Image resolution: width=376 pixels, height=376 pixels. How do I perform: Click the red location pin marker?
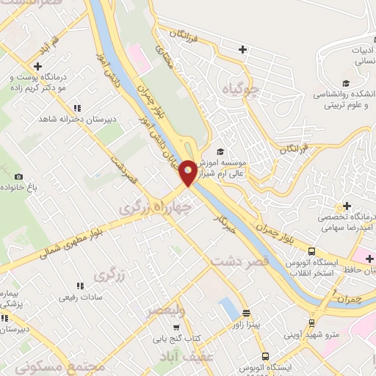(188, 172)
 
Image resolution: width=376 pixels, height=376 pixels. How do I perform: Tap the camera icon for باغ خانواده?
(18, 176)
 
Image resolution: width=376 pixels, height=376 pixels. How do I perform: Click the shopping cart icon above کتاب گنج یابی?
(176, 328)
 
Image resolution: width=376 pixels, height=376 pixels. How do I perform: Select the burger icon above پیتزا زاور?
(247, 311)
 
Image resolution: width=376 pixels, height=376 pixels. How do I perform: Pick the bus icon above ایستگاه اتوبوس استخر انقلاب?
(312, 250)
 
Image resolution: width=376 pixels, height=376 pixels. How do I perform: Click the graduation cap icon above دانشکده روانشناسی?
(344, 84)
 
